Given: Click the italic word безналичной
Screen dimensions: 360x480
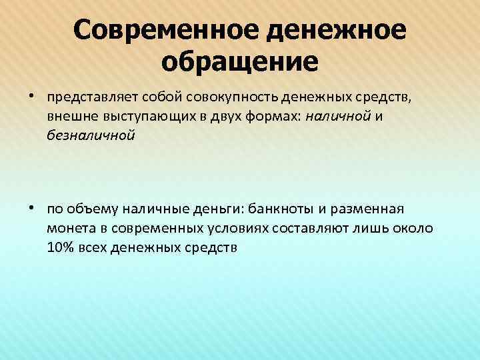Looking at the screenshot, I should point(91,136).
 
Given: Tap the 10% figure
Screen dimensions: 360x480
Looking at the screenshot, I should point(59,247).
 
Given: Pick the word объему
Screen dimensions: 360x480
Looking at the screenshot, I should point(87,209).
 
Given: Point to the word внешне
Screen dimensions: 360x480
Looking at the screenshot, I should point(69,117).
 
